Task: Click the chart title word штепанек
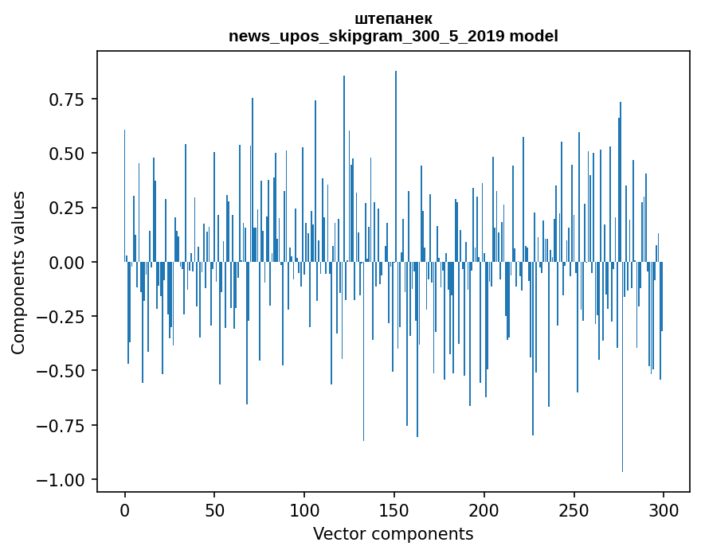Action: tap(393, 18)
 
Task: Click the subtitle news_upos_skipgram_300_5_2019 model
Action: tap(393, 36)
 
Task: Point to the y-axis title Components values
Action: tap(18, 272)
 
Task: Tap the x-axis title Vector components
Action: tap(393, 534)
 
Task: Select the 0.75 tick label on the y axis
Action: tap(67, 99)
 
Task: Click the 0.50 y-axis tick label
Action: tap(67, 154)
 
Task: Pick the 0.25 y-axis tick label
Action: tap(67, 208)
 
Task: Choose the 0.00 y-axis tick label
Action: tap(67, 262)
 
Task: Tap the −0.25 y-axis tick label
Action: tap(62, 317)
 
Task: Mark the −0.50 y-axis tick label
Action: tap(62, 371)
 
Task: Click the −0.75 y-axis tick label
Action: tap(62, 425)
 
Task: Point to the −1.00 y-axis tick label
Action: tap(62, 480)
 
